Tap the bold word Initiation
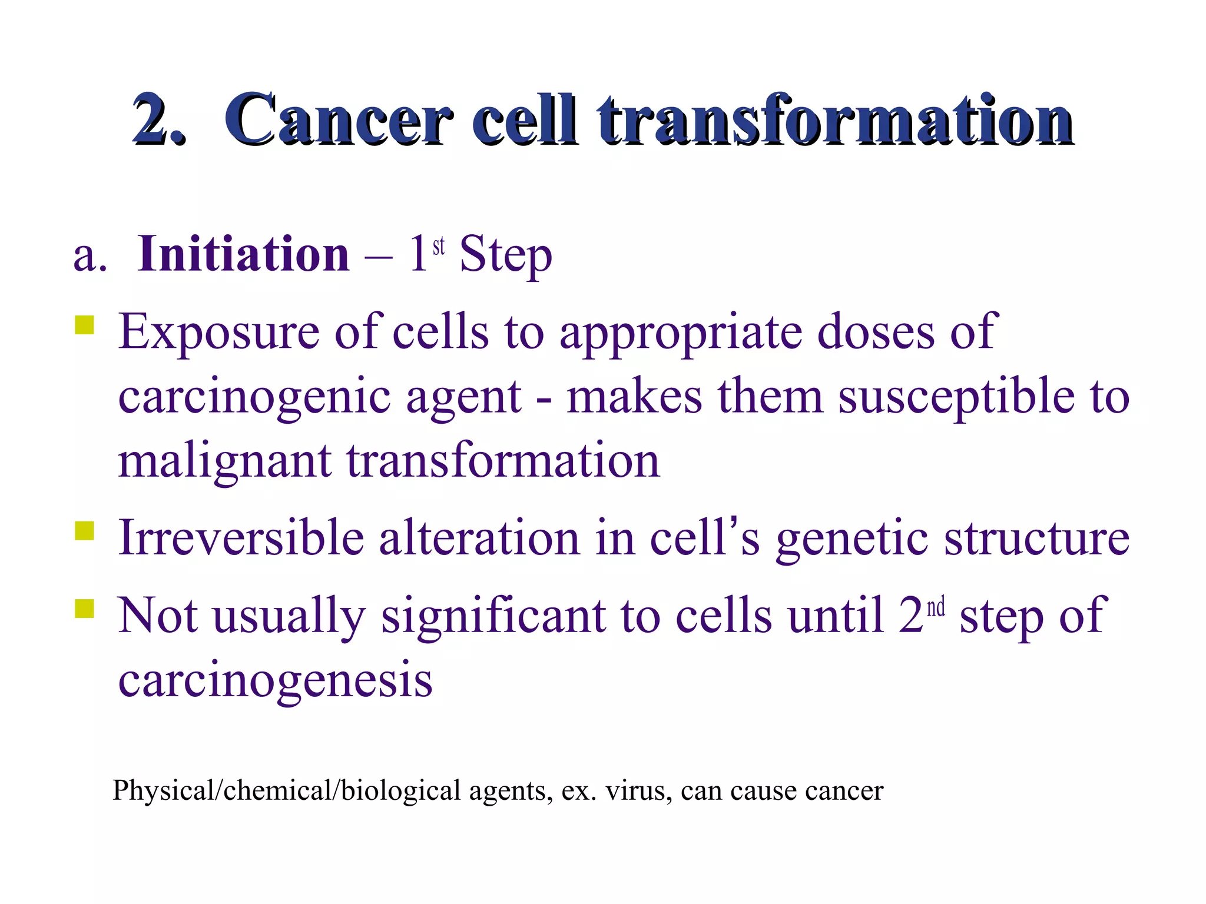(x=243, y=254)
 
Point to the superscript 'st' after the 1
(x=439, y=246)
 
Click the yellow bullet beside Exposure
(x=85, y=325)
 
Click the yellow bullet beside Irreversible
(x=85, y=531)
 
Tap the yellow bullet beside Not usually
(x=85, y=609)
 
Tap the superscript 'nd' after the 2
(x=936, y=607)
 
